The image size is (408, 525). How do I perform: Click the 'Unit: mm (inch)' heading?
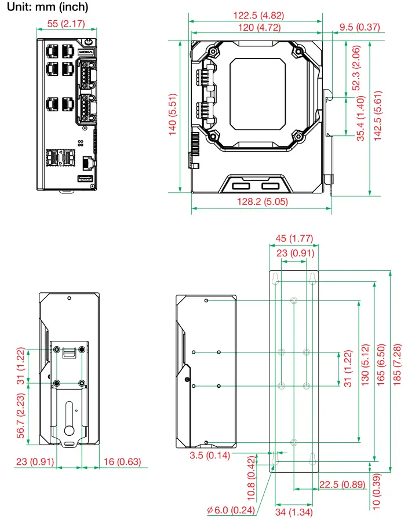coord(48,8)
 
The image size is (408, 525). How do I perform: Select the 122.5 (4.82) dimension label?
coord(255,16)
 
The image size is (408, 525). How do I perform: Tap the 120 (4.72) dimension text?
coord(255,27)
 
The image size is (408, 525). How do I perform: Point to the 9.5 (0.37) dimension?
coord(359,27)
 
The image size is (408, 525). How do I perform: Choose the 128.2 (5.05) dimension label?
coord(261,202)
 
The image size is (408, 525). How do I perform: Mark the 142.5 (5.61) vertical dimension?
coord(378,115)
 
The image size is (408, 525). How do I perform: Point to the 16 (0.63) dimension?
coord(121,462)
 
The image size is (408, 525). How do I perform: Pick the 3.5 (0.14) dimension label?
coord(209,455)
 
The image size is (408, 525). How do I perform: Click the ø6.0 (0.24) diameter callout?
coord(231,510)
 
